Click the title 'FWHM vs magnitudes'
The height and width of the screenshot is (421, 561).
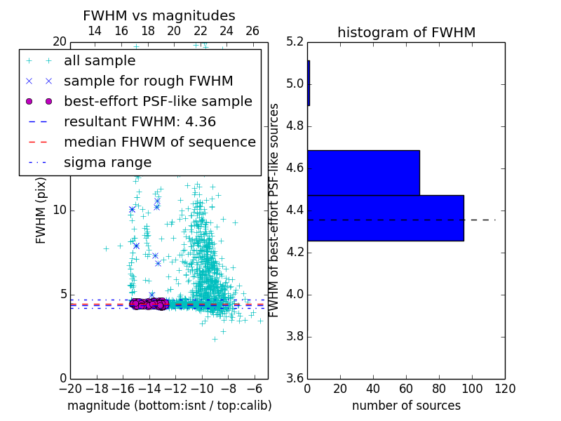coord(159,15)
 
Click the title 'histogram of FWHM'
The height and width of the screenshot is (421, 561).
coord(406,32)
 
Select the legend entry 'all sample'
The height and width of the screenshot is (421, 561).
coord(100,61)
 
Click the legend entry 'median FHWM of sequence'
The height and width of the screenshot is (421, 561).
coord(159,142)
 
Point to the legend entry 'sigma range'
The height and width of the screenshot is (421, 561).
coord(107,162)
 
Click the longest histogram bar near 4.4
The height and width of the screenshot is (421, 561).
coord(385,218)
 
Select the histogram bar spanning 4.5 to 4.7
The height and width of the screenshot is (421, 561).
coord(363,173)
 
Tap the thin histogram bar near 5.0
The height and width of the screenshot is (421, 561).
coord(309,83)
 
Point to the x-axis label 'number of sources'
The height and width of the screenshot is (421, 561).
coord(406,406)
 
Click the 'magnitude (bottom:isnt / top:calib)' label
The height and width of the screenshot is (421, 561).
coord(169,406)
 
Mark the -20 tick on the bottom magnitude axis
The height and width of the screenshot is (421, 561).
coord(70,388)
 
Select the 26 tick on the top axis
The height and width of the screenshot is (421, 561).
coord(252,31)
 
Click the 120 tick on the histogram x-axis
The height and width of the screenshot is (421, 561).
coord(505,388)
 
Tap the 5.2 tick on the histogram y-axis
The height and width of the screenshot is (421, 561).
coord(295,42)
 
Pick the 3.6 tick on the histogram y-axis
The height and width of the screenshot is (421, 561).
coord(295,378)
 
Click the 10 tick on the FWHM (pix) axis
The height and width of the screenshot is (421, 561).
coord(60,210)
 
